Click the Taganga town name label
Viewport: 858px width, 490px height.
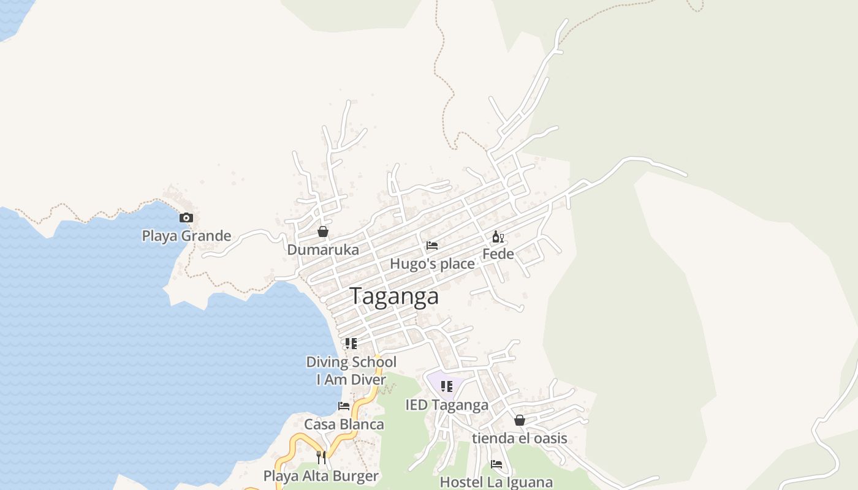395,296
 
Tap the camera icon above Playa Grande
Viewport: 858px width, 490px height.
186,217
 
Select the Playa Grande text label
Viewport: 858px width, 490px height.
186,236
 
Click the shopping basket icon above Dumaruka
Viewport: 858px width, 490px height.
323,232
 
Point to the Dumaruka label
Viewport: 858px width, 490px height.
323,250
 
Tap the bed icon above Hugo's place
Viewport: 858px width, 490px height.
432,246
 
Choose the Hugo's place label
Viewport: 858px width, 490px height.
433,264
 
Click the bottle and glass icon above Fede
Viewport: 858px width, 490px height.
498,236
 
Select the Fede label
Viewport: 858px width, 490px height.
498,254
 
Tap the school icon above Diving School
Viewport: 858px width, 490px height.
351,344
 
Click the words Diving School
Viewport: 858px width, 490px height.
351,362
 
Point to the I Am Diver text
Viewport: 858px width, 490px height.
351,380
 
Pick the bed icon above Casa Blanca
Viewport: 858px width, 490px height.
344,405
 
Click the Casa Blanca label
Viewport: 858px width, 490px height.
344,424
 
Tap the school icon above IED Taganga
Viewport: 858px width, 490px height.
447,386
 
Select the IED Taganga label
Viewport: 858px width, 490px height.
447,405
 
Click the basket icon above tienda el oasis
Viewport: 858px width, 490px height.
520,420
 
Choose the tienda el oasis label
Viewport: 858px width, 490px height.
520,439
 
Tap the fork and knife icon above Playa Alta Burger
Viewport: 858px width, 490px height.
321,457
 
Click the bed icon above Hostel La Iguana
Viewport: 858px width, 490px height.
496,464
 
